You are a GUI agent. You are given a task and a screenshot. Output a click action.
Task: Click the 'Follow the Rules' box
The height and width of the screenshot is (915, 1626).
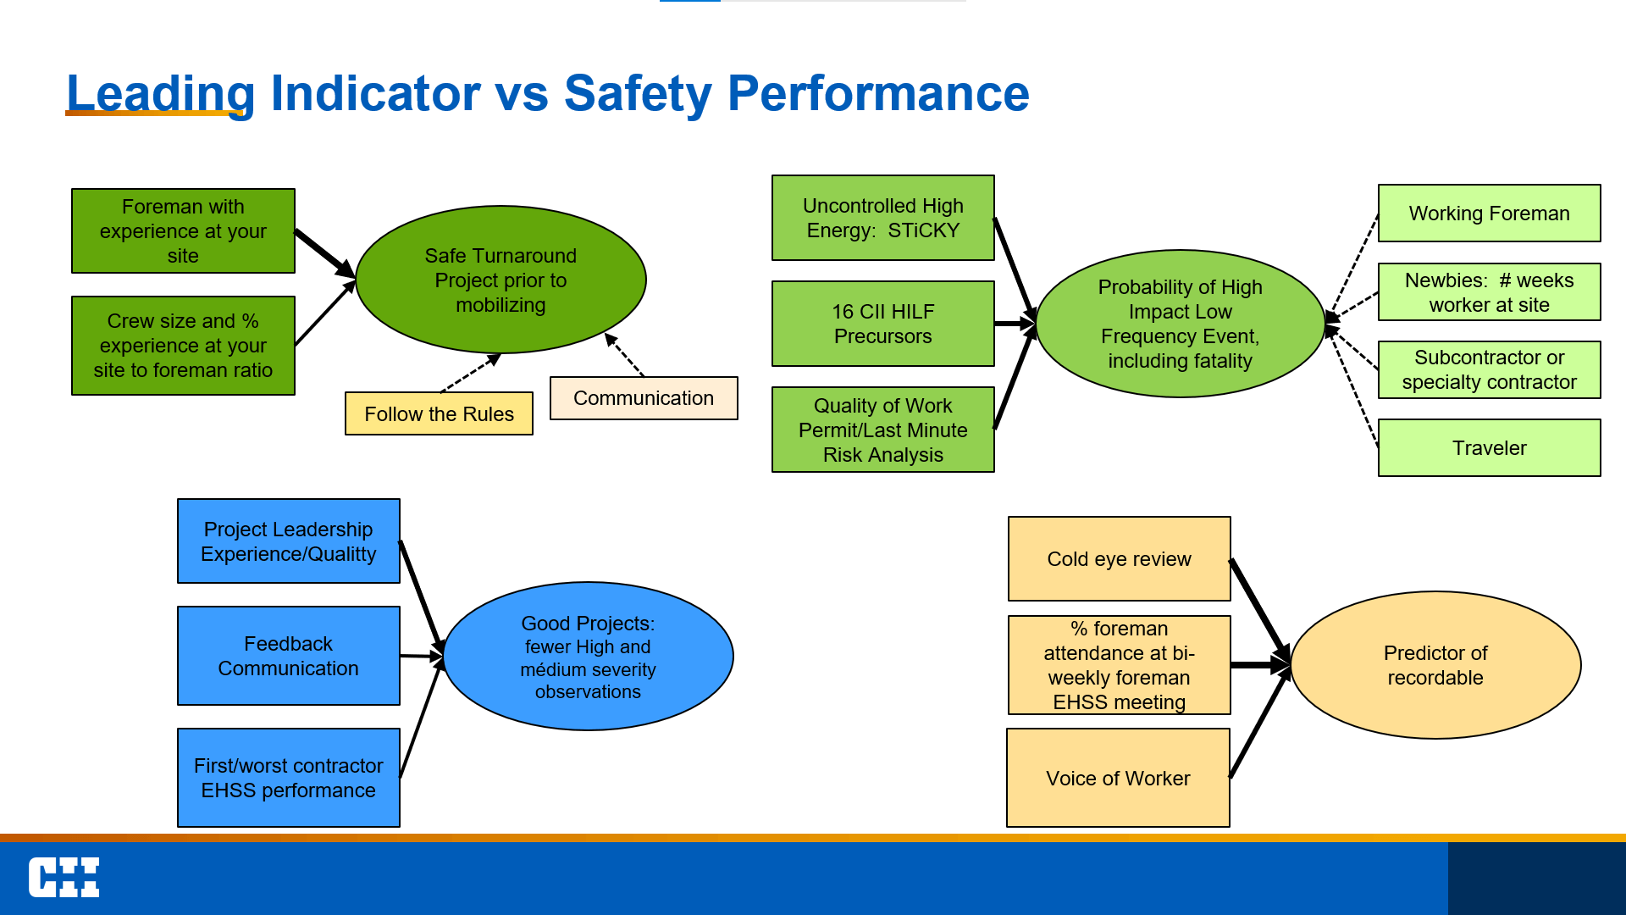point(439,413)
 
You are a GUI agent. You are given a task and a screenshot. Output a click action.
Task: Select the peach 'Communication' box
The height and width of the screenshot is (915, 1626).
point(644,398)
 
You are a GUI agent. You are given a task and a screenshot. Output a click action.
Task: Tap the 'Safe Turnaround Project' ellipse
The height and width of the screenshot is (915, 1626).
point(501,280)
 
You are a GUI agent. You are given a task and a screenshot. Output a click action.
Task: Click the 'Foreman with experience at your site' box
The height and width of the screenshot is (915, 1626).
point(183,230)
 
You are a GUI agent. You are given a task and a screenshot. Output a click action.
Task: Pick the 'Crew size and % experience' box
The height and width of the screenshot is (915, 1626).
point(183,346)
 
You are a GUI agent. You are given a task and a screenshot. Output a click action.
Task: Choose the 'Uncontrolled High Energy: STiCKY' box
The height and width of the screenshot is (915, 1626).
point(882,218)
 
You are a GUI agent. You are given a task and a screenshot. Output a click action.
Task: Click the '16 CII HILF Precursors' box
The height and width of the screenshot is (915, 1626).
point(882,324)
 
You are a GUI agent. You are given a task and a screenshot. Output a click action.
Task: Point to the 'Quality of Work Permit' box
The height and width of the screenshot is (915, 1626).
point(882,430)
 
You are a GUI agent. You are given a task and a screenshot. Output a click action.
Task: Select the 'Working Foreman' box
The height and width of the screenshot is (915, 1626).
point(1489,213)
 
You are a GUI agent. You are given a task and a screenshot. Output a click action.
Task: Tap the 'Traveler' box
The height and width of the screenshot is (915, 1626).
point(1489,447)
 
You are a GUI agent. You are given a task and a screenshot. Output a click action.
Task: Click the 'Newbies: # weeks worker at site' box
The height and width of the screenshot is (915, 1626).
point(1489,292)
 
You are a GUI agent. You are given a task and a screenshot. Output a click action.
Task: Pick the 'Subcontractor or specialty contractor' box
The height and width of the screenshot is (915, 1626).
point(1489,369)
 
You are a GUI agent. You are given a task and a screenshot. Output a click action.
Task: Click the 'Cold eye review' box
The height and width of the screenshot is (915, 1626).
point(1119,559)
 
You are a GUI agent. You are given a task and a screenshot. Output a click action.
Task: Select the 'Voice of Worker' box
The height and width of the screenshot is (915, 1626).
point(1118,778)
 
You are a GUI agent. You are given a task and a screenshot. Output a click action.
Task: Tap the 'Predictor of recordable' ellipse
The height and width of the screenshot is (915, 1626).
point(1435,665)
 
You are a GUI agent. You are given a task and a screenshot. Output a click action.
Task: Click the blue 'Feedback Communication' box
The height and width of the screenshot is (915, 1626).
point(288,656)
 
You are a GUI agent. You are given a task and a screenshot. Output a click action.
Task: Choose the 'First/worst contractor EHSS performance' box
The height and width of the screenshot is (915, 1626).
point(288,778)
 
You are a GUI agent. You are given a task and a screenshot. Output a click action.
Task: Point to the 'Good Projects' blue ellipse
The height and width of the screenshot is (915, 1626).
point(588,657)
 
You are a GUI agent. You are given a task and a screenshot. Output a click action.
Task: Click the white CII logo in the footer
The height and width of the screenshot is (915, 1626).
point(64,877)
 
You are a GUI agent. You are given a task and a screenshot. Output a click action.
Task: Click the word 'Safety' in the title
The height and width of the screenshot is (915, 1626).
point(638,93)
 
